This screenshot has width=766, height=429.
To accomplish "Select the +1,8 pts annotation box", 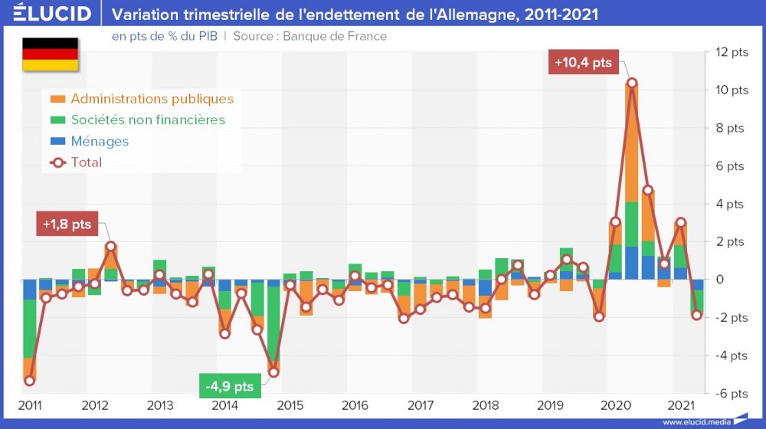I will [x=67, y=224].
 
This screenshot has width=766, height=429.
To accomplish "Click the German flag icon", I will [x=50, y=54].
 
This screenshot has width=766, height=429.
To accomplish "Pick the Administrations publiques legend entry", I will [x=152, y=99].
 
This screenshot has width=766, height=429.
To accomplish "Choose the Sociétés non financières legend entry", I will [x=148, y=120].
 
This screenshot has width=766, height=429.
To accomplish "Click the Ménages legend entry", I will [x=100, y=141].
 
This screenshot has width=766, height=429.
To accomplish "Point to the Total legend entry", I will [x=86, y=162].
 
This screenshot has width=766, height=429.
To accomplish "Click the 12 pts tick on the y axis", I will [x=732, y=53].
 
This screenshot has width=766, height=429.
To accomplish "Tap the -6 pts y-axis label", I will [x=731, y=394].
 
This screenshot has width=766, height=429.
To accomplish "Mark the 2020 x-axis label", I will [x=617, y=405].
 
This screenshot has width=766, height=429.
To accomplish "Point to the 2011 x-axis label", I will [x=29, y=405].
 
